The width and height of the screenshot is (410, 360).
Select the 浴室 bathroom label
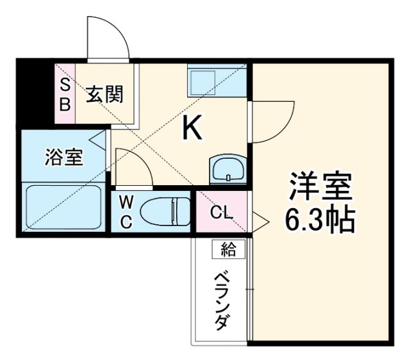coord(63,157)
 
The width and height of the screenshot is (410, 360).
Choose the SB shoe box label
coord(65,95)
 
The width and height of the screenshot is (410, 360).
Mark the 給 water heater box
coord(228,249)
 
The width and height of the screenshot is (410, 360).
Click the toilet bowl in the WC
coord(165,211)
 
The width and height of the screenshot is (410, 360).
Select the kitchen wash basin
coord(227,170)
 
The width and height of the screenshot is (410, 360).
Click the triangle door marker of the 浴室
coord(98,138)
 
